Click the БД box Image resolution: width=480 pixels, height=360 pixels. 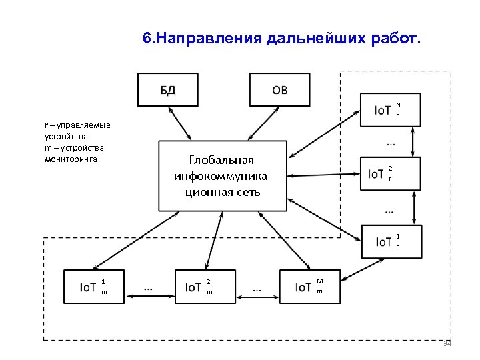pos(168,89)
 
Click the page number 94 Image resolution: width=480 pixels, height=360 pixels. pos(447,343)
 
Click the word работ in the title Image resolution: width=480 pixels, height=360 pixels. pos(395,39)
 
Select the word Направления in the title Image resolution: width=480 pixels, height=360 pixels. pos(209,39)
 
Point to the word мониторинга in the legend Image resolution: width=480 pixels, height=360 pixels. pos(71,160)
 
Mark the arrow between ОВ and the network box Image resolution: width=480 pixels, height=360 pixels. pos(261,123)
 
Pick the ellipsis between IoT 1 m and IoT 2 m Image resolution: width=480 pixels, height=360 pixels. pos(147,288)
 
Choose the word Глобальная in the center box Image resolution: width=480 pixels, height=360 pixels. pos(222,161)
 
